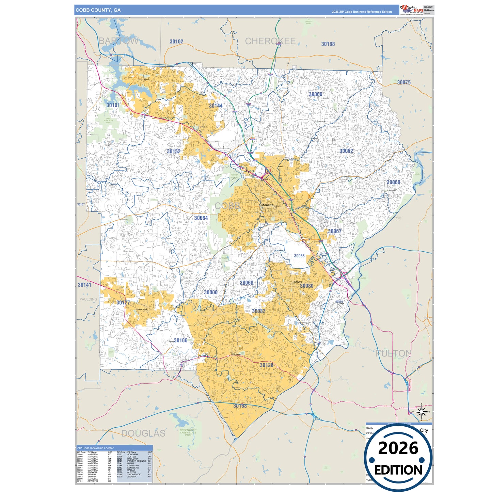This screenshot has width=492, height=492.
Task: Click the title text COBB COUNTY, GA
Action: coord(98,10)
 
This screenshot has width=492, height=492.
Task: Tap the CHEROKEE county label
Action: coord(270,41)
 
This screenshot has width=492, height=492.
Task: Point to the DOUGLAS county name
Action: coord(143,433)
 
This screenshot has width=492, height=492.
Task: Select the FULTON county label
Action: coord(394,353)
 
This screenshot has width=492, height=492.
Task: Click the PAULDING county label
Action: coord(88,299)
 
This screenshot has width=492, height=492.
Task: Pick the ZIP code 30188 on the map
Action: coord(328,44)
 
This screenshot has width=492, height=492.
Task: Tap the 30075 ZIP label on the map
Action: coord(404,82)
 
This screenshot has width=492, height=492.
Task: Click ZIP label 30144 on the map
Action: coord(216,106)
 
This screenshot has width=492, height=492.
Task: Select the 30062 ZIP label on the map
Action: coord(346,151)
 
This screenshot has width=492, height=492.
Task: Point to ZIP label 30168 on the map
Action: coord(240,406)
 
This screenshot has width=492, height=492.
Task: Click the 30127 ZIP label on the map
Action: coord(123,303)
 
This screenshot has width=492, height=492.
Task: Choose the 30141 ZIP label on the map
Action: coord(84,285)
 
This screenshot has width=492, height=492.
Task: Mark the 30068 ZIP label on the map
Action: coord(393,182)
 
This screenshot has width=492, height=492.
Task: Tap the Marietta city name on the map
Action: coord(267,205)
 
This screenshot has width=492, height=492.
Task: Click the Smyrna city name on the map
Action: coord(298,282)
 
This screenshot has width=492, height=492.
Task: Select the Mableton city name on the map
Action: coord(236,354)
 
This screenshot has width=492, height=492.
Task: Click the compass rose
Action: coord(422,413)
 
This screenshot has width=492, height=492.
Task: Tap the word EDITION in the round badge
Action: coord(398,470)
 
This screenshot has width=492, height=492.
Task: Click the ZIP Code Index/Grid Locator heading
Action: coord(95,448)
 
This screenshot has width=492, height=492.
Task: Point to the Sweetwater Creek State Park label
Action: coord(188,432)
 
